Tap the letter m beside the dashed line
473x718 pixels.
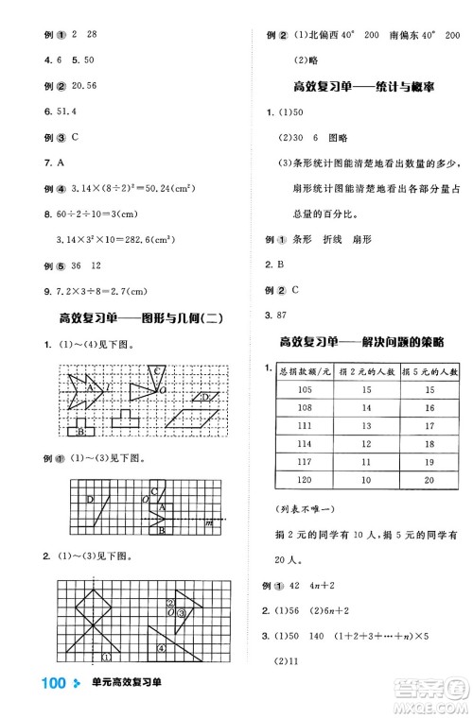point(208,521)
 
